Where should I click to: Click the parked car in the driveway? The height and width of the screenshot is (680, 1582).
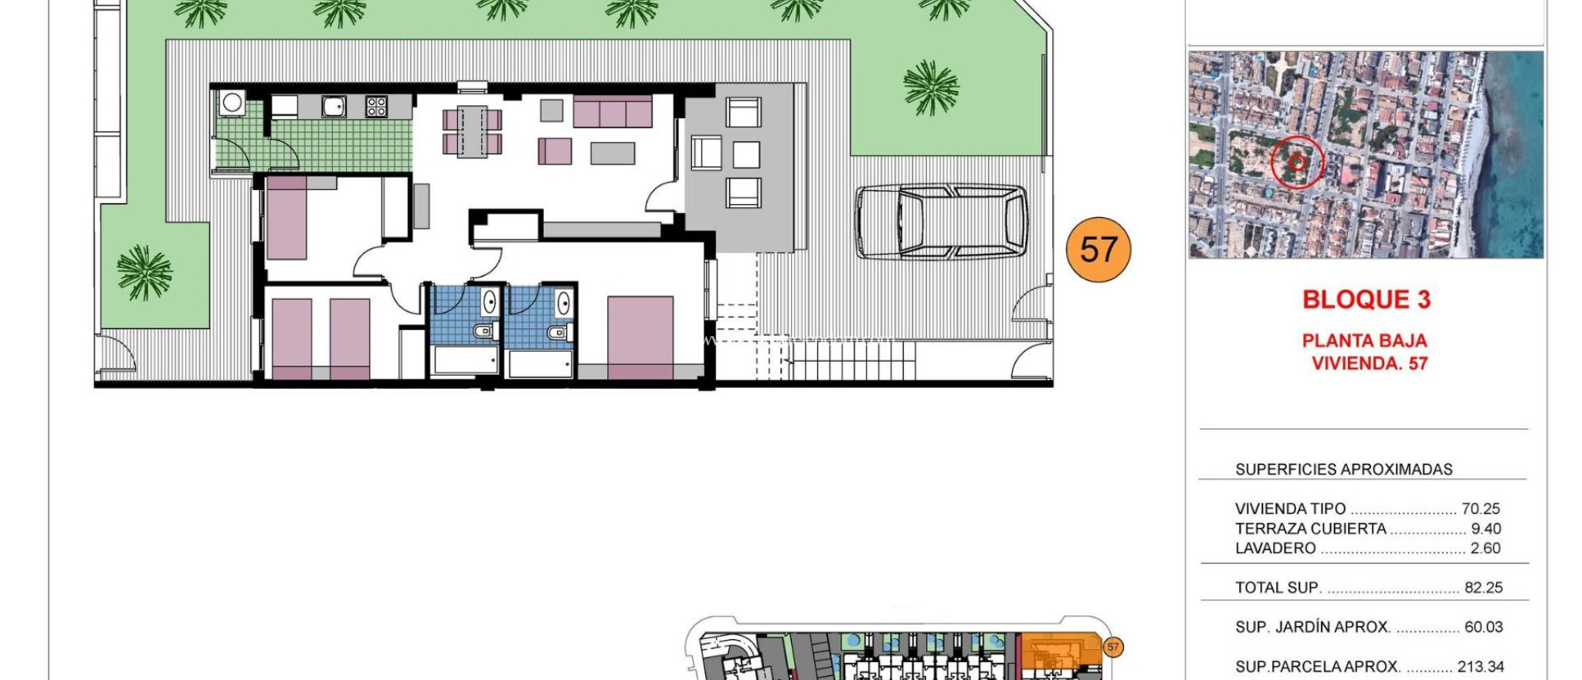coord(941,222)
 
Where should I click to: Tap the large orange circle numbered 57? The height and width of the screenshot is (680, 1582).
coord(1098,250)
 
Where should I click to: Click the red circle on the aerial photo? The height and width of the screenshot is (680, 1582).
coord(1297,162)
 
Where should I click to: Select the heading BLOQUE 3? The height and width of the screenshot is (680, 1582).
coord(1366,300)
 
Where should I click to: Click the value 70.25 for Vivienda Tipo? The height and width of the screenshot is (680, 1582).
coord(1480,508)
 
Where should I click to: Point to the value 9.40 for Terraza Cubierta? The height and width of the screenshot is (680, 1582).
coord(1485,529)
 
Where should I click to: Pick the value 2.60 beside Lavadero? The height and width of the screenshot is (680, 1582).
coord(1485,548)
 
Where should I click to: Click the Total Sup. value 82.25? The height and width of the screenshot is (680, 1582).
coord(1483,587)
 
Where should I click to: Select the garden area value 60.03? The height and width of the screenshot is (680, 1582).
coord(1483,627)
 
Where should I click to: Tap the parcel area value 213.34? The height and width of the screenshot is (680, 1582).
coord(1480,666)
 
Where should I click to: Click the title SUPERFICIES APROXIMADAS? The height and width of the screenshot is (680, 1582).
coord(1343,469)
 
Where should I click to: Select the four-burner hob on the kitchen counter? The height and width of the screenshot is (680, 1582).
coord(376,107)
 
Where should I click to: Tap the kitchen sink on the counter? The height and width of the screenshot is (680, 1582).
coord(334,107)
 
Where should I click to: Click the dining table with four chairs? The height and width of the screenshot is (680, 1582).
coord(472,131)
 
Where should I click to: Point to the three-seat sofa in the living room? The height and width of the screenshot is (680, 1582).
coord(613,111)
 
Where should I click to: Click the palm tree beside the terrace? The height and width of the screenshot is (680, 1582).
coord(931,87)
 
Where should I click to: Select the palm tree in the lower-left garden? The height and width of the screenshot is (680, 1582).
coord(144,272)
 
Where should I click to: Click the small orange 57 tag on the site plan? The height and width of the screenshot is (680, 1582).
coord(1112,647)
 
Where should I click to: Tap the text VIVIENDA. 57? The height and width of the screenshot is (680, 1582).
coord(1370,363)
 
